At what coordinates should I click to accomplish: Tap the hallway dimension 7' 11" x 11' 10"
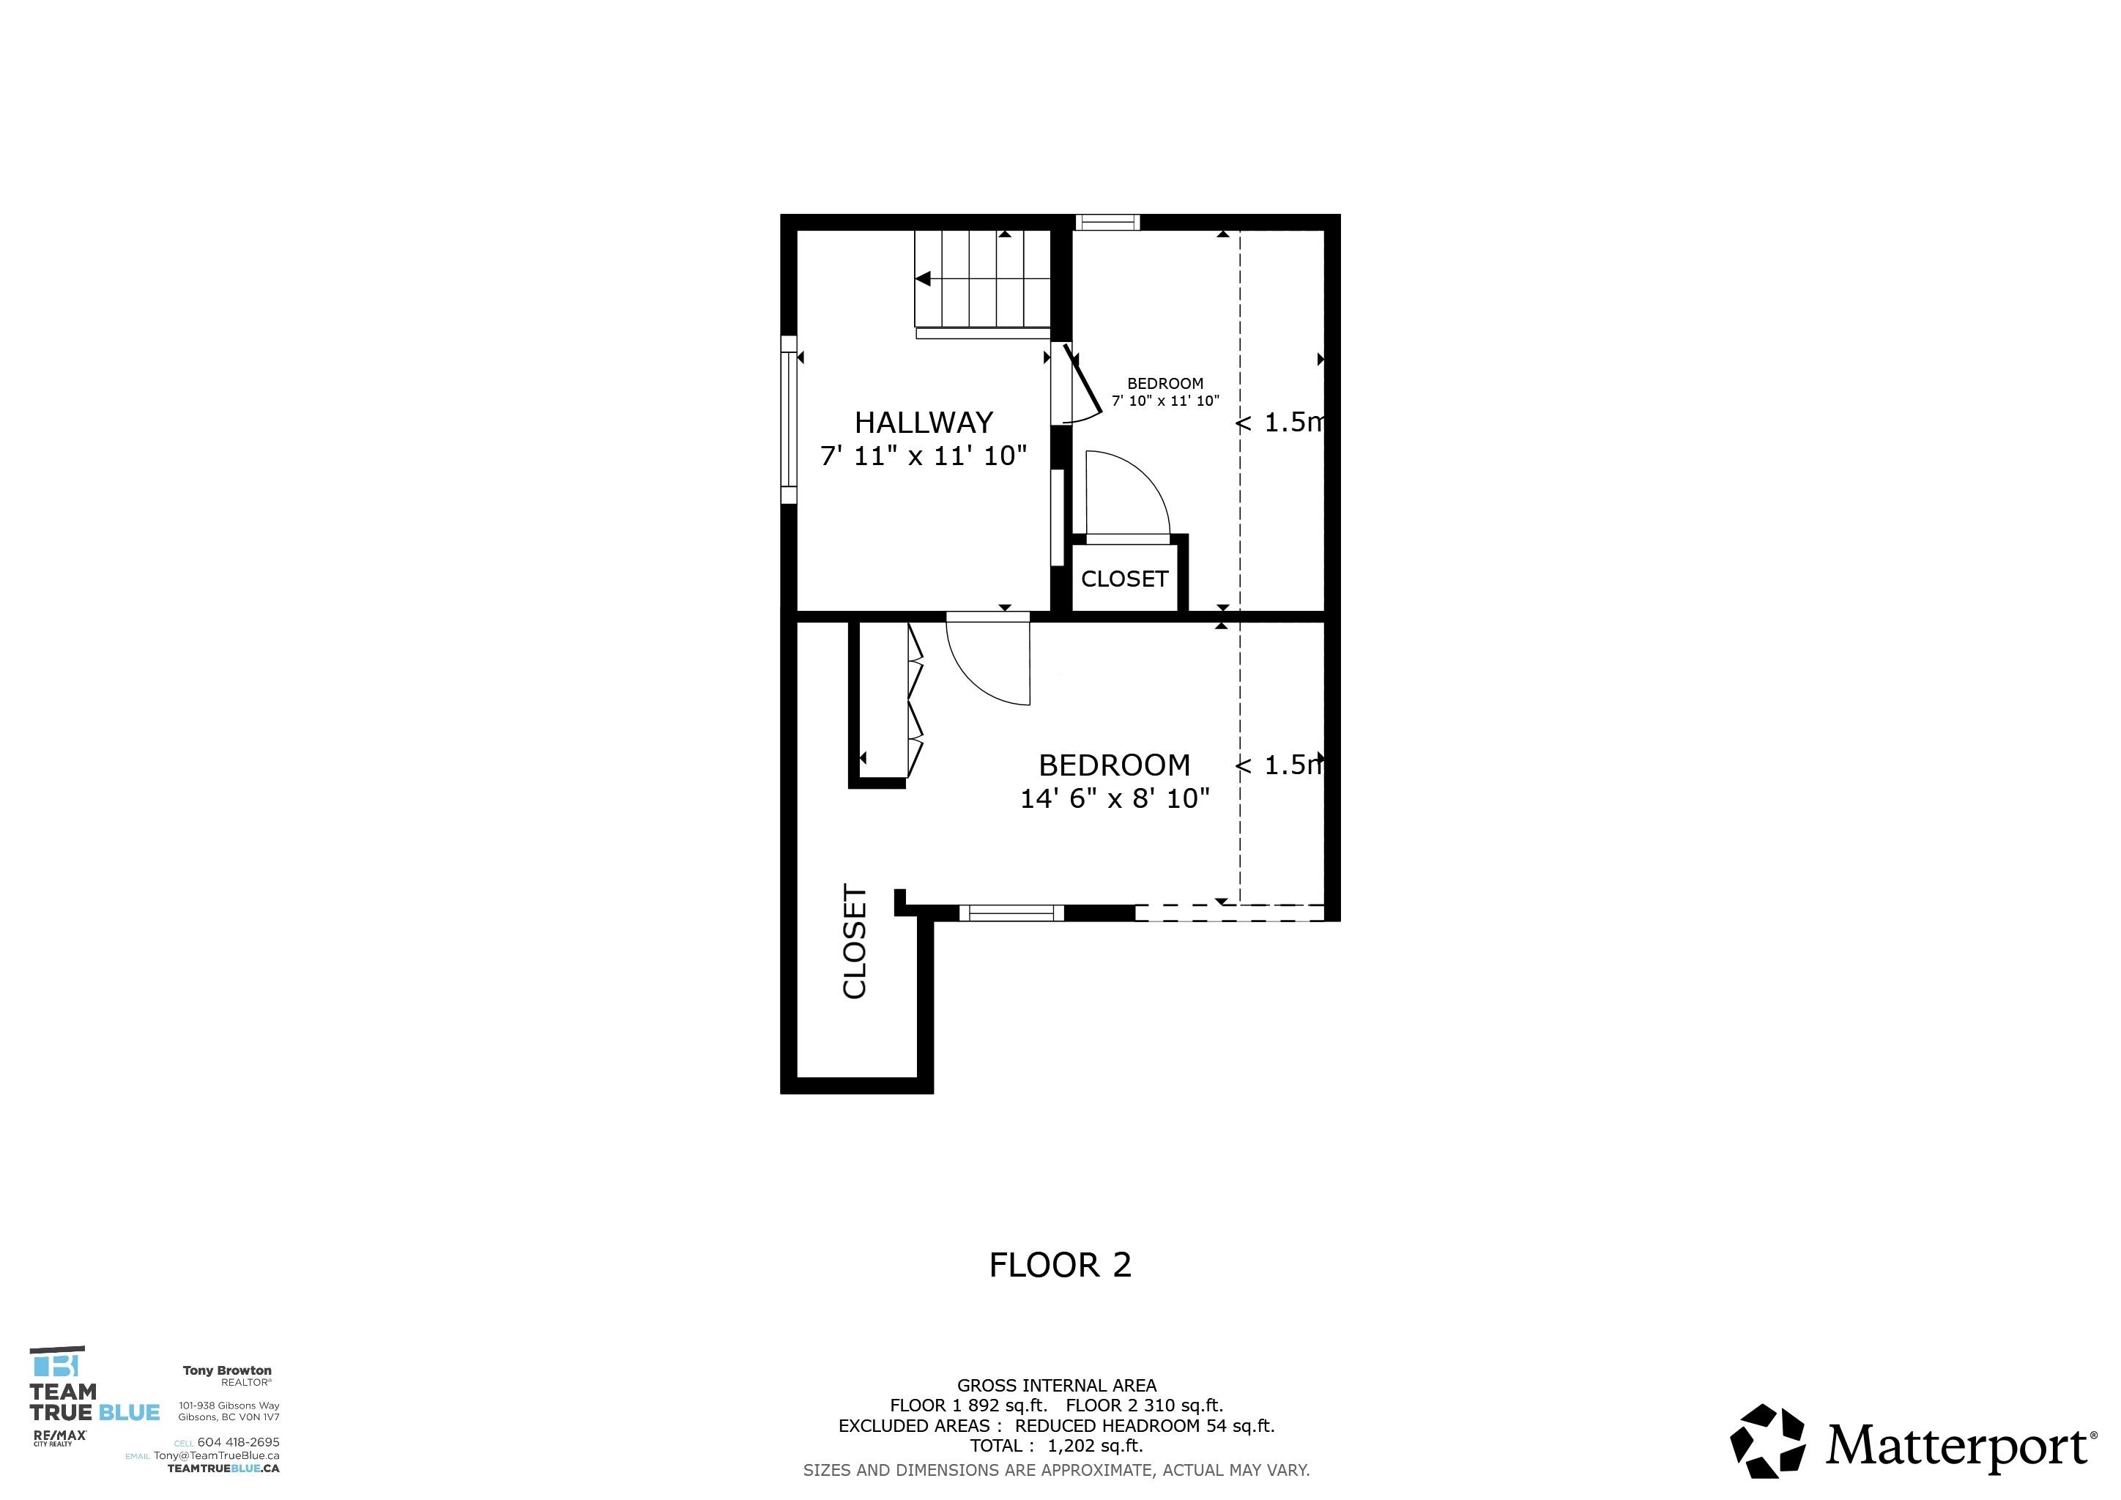[x=923, y=456]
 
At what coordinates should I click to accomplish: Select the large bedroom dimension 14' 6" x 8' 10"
[x=1114, y=798]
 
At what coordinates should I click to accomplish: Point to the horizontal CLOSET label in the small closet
[x=1124, y=579]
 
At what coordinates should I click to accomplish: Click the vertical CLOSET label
[x=855, y=941]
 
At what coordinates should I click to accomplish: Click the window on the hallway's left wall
[x=788, y=420]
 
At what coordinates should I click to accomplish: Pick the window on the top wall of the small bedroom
[x=1107, y=222]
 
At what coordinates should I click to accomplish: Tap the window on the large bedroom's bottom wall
[x=1011, y=913]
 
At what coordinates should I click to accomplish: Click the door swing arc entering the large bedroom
[x=984, y=669]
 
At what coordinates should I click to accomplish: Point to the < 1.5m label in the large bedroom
[x=1279, y=765]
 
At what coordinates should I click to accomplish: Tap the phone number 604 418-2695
[x=237, y=1442]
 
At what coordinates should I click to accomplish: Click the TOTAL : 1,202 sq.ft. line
[x=1056, y=1446]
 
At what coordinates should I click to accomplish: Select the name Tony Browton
[x=227, y=1370]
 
